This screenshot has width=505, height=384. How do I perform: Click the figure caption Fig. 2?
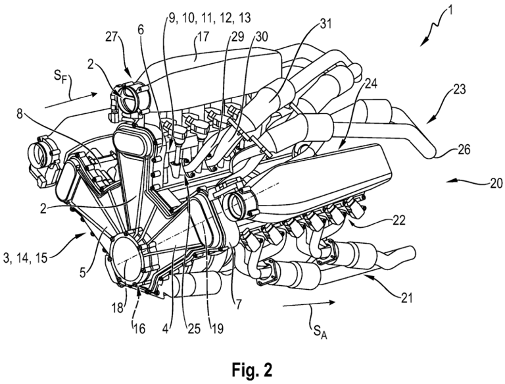tap(253, 366)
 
